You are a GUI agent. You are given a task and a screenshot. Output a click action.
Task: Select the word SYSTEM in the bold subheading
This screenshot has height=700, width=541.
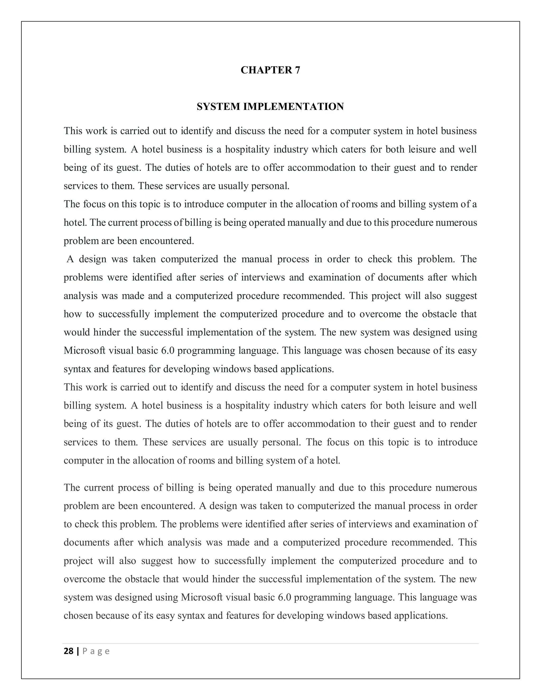click(x=218, y=107)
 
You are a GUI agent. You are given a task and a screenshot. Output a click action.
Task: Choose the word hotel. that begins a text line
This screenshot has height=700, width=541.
click(x=75, y=223)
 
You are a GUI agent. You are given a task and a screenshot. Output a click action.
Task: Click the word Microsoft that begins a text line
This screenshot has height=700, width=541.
click(x=84, y=351)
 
